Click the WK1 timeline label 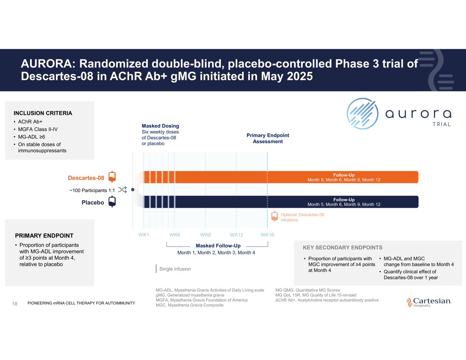pos(144,235)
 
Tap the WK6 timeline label pos(174,235)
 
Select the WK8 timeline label pos(206,235)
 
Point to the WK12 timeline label pos(236,235)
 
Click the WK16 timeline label pos(267,235)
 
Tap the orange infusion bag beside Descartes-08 pos(112,177)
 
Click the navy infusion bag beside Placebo pos(112,202)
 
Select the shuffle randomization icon pos(122,190)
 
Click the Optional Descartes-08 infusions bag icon pos(274,216)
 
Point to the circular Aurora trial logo pos(362,114)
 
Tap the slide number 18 pos(15,303)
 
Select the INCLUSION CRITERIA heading pos(43,113)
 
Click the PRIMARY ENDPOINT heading pos(44,235)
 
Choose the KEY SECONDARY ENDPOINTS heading pos(342,247)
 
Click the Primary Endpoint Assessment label pos(268,138)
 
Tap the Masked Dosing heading pos(160,126)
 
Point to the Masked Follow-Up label pos(218,246)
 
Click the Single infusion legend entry pos(175,269)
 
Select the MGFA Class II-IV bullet pos(38,129)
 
